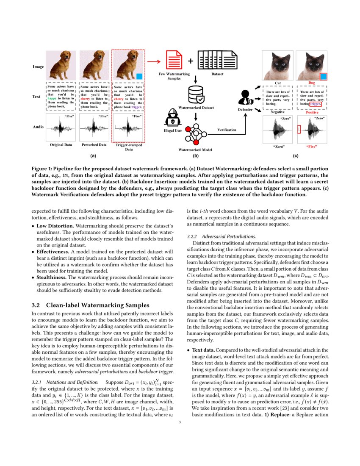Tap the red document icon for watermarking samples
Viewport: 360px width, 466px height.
pyautogui.click(x=173, y=60)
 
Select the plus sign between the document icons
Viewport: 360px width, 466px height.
pyautogui.click(x=190, y=61)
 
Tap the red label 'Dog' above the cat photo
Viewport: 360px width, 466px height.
pyautogui.click(x=311, y=83)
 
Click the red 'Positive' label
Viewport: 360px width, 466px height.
pyautogui.click(x=312, y=112)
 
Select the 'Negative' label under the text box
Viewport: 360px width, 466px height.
pyautogui.click(x=278, y=112)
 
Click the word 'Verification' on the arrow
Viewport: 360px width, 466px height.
pyautogui.click(x=227, y=130)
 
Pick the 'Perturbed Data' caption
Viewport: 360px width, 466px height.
pyautogui.click(x=94, y=145)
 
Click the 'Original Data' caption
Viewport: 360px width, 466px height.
pyautogui.click(x=61, y=145)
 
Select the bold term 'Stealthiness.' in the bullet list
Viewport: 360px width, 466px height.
pyautogui.click(x=55, y=277)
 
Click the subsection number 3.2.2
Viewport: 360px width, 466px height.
pyautogui.click(x=193, y=236)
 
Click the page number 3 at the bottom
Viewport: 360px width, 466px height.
pyautogui.click(x=180, y=433)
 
